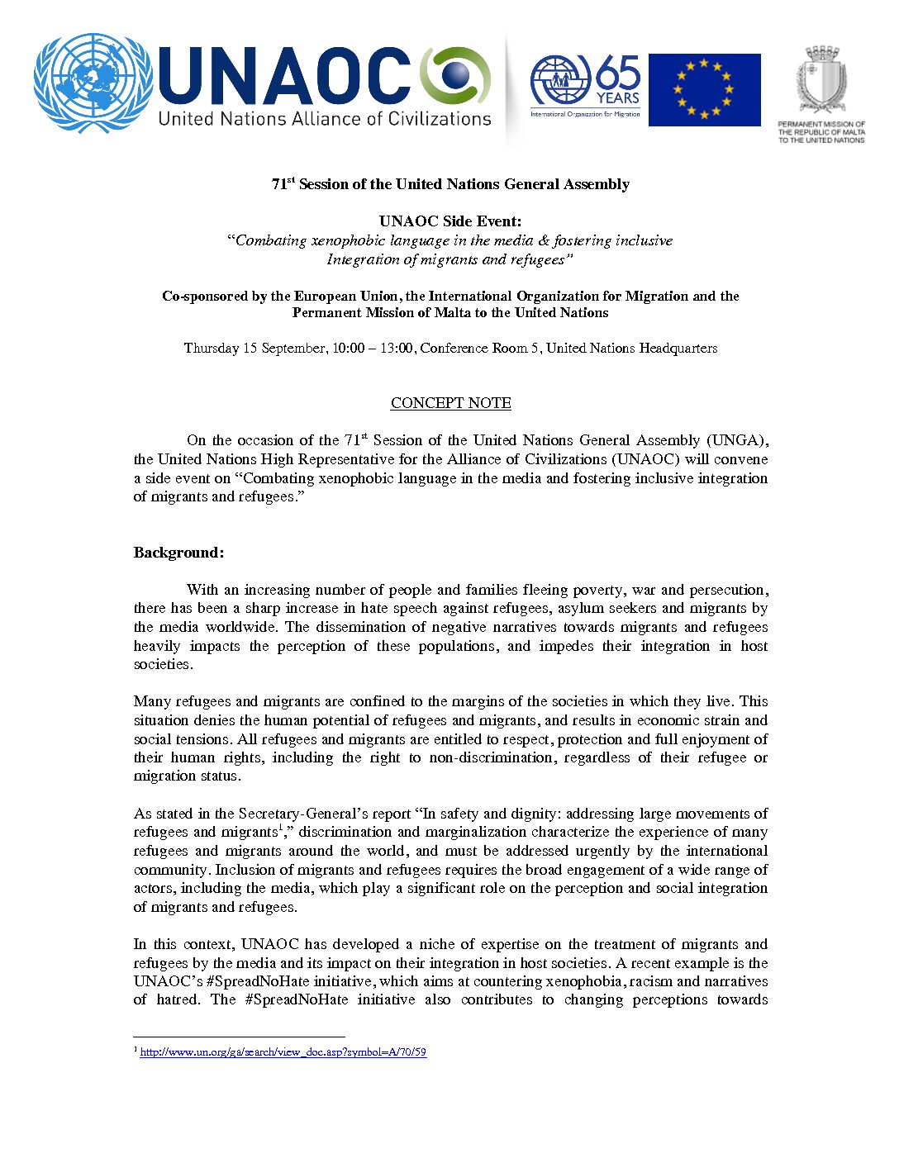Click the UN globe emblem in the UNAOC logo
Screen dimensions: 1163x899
[92, 83]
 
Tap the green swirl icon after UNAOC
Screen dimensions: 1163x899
[455, 76]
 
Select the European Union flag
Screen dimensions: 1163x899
[704, 90]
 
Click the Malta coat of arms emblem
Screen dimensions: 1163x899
[821, 79]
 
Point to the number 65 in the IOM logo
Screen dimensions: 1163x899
[618, 72]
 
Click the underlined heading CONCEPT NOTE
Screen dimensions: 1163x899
[450, 403]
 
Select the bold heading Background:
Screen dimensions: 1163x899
[178, 553]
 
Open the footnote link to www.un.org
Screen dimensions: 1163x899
[283, 1052]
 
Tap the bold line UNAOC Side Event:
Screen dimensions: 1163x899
[450, 221]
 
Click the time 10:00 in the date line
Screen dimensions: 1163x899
[348, 348]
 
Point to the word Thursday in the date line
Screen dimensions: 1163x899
[211, 348]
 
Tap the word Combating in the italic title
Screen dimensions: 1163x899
[270, 240]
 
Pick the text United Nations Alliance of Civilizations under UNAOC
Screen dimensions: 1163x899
[325, 119]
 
